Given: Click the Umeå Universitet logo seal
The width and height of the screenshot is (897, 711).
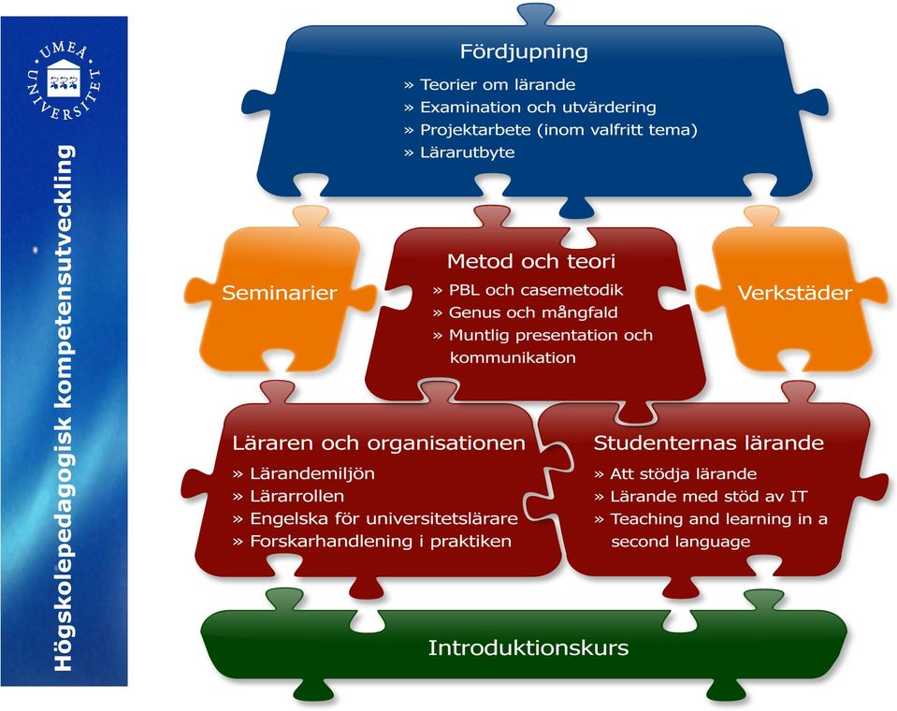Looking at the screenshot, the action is point(64,80).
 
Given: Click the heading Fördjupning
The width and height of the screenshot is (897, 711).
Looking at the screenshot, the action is point(524,51).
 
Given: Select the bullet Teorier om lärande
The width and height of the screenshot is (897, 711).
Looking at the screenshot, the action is point(490,84).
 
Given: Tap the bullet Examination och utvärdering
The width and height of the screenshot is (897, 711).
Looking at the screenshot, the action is point(529,107).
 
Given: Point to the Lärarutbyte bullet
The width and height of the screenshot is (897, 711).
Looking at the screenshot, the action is point(459,152).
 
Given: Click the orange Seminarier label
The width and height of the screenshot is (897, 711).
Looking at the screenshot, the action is point(279,293).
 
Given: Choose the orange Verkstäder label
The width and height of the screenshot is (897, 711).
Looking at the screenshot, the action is point(795,293).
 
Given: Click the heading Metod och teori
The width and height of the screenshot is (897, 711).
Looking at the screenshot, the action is point(531,261).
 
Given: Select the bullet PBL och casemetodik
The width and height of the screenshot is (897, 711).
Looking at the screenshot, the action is point(528,290).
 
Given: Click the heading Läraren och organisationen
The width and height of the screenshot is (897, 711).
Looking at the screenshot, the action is point(379,443).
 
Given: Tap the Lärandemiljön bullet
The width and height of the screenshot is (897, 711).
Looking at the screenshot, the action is point(304,473).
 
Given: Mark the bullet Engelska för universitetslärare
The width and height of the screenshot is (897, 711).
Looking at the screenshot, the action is point(376,519).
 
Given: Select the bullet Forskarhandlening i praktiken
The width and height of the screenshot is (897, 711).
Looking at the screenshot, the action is point(372,541).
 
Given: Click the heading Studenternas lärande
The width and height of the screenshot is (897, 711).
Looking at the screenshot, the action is point(709,443).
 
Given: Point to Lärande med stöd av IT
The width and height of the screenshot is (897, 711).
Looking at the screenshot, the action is point(701,497).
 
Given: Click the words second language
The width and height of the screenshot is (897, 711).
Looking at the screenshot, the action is point(681,542).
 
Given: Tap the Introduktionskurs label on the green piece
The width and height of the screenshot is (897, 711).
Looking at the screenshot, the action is point(528,648).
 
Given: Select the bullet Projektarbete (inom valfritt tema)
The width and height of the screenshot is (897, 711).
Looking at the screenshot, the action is point(550,130).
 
